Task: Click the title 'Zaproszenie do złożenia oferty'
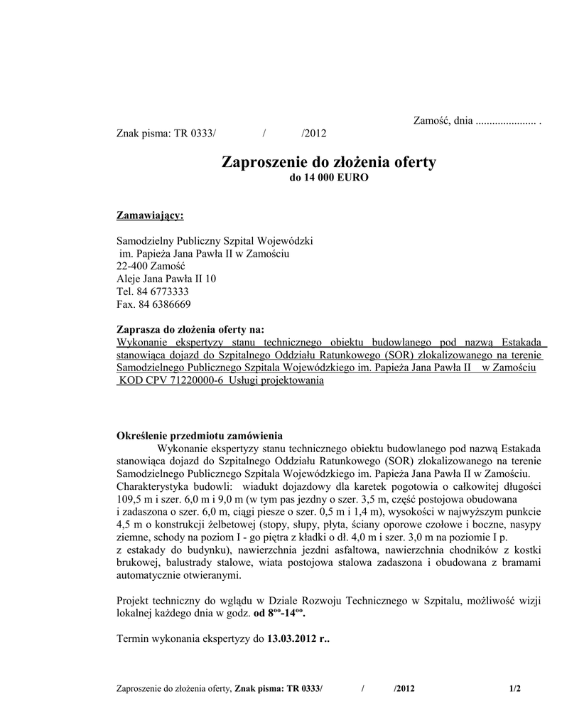pyautogui.click(x=329, y=162)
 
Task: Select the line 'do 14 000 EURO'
pyautogui.click(x=329, y=178)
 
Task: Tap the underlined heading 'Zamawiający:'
pyautogui.click(x=149, y=215)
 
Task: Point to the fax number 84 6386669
pyautogui.click(x=163, y=304)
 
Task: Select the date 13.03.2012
pyautogui.click(x=293, y=638)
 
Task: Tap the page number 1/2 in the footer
pyautogui.click(x=515, y=688)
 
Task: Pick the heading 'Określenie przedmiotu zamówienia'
pyautogui.click(x=200, y=435)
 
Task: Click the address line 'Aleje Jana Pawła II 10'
pyautogui.click(x=166, y=279)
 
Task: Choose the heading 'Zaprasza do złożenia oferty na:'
pyautogui.click(x=190, y=329)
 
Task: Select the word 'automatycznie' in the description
pyautogui.click(x=147, y=576)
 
